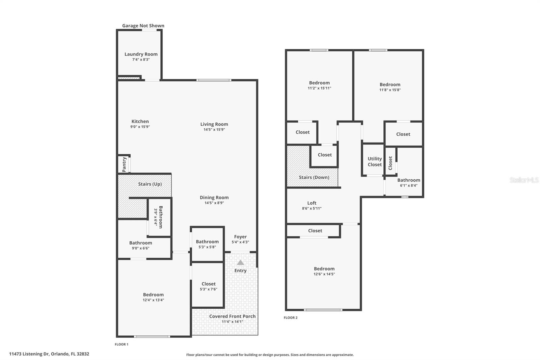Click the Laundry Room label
point(141,54)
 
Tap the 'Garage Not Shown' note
point(143,26)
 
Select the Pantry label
point(124,164)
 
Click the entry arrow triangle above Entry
point(240,262)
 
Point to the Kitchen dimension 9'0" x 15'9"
point(140,127)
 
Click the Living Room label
point(214,124)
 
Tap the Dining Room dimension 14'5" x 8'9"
point(214,203)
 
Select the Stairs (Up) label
point(150,184)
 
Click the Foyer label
point(240,237)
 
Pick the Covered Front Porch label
point(232,316)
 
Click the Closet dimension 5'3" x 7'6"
point(209,289)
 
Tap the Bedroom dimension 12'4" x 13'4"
point(153,300)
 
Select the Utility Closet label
point(375,161)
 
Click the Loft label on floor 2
point(312,203)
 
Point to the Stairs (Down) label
point(314,177)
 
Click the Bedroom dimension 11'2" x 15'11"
point(319,88)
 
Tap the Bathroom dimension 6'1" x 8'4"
point(409,185)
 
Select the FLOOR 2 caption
point(291,318)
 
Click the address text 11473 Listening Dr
point(29,354)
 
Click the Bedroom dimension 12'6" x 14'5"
point(324,274)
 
